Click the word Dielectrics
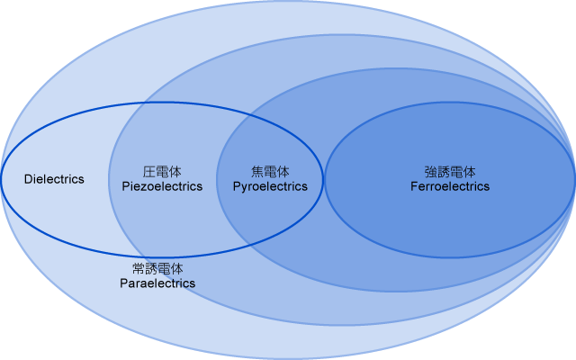tap(54, 179)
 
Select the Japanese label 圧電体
tap(162, 171)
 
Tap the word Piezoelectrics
tap(162, 186)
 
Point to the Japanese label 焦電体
tap(270, 171)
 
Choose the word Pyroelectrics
tap(270, 186)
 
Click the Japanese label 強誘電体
tap(450, 171)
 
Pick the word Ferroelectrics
tap(450, 186)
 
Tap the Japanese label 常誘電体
tap(157, 268)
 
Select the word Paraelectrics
tap(157, 283)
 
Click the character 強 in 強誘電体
tap(431, 171)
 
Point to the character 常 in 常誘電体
tap(139, 268)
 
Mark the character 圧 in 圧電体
tap(149, 171)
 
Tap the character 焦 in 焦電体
tap(257, 171)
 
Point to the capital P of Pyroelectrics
tap(237, 186)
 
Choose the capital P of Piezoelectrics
tap(125, 186)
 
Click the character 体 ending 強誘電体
tap(469, 171)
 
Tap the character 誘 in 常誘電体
tap(151, 268)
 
